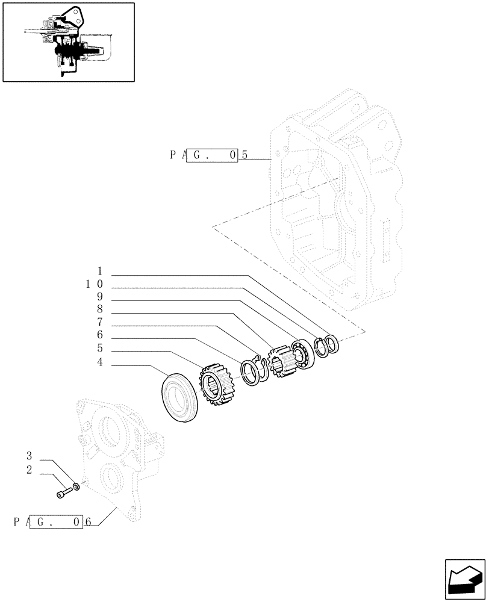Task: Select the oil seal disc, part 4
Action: click(181, 398)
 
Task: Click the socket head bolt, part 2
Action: click(63, 492)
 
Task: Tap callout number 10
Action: click(95, 284)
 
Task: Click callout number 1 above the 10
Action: click(99, 271)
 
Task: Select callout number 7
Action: click(99, 322)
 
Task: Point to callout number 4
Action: click(99, 362)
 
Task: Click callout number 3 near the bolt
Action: click(29, 455)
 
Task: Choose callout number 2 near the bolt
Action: click(29, 470)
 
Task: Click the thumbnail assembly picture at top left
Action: click(69, 42)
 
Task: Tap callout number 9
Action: click(99, 296)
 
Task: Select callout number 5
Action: click(99, 349)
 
